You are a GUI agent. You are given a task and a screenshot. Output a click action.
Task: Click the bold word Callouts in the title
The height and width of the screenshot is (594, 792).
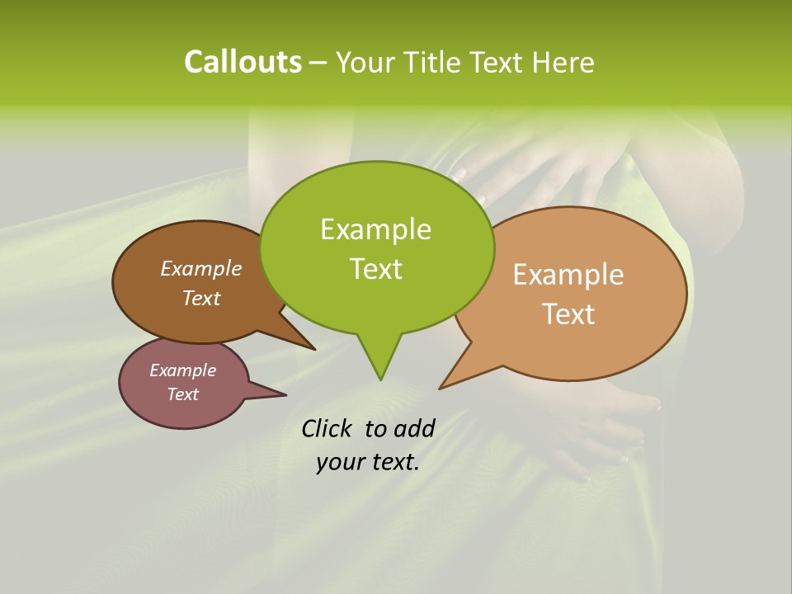[243, 62]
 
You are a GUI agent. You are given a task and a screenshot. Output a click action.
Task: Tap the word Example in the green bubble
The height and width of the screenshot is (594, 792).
[375, 229]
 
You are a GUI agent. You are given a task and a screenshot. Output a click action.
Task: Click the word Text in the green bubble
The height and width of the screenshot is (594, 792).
[375, 269]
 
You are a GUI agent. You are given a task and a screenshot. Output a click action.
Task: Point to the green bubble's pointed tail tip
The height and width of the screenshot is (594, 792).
[380, 379]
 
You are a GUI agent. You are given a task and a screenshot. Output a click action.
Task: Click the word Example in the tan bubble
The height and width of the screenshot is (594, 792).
[568, 275]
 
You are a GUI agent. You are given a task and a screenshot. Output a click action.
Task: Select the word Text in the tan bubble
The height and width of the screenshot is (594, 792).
[568, 313]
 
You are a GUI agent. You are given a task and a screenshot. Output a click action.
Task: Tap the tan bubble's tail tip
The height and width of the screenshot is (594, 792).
[441, 388]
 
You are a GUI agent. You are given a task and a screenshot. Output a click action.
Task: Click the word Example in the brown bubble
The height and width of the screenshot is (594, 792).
[200, 268]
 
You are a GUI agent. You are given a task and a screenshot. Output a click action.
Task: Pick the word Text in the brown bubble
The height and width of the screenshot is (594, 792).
[200, 298]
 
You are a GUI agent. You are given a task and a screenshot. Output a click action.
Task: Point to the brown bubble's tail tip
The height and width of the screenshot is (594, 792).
[314, 349]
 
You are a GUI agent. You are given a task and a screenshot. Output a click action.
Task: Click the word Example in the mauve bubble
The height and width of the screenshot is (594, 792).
[182, 370]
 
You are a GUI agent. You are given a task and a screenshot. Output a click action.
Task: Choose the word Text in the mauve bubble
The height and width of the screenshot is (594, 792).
[182, 394]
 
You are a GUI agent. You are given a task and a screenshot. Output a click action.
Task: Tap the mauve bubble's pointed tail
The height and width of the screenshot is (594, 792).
[285, 394]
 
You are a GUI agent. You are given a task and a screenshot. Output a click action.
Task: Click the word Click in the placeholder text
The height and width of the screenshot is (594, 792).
[328, 428]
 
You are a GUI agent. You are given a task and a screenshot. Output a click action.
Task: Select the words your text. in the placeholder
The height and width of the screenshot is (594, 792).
[368, 462]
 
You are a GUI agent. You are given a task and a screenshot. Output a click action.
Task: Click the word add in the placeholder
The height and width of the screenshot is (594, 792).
[414, 428]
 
